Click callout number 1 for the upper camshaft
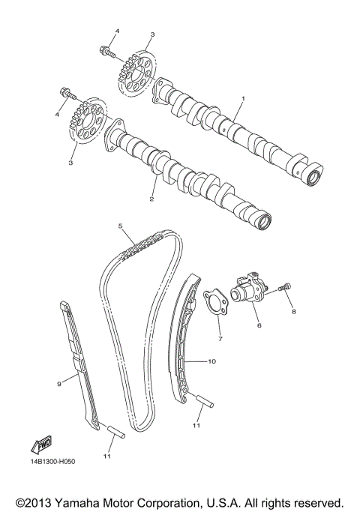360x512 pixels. click(242, 99)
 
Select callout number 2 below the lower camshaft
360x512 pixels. click(151, 199)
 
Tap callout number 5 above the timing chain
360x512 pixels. click(120, 226)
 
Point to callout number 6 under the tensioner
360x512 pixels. click(259, 326)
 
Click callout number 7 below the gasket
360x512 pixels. click(220, 339)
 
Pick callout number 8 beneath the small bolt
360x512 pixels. click(294, 310)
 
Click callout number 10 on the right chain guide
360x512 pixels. click(211, 361)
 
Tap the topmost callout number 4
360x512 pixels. click(117, 30)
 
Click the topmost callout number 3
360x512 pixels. click(152, 34)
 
